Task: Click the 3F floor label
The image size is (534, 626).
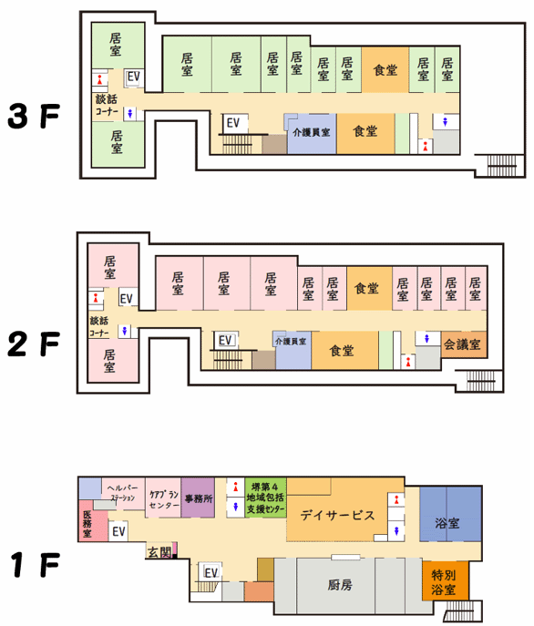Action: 34,116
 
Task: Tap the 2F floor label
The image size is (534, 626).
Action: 34,344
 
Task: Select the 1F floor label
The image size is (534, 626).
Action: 36,565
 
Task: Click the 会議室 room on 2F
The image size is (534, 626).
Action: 464,344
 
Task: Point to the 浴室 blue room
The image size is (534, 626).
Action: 450,514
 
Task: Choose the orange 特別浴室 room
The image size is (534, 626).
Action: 446,580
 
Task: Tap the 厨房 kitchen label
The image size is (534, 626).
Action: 340,585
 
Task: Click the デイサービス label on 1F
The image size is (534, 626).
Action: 337,515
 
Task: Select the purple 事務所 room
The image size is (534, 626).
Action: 198,498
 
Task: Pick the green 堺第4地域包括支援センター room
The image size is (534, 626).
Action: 265,498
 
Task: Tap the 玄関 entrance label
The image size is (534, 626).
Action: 159,552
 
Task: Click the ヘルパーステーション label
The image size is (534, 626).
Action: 123,493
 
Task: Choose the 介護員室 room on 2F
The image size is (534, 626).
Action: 293,351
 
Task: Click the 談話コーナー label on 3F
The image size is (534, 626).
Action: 107,105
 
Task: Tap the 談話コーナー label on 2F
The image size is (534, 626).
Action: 99,326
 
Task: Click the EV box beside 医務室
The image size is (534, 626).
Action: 118,531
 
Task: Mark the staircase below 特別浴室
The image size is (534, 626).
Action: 459,611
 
